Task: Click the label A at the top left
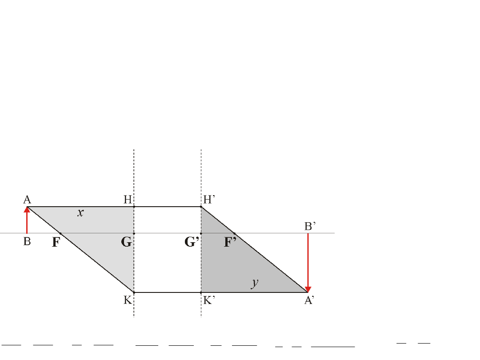point(27,200)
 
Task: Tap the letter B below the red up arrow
point(27,241)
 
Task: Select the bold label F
point(56,242)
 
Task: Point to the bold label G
point(126,242)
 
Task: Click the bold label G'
point(192,242)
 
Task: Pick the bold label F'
point(230,242)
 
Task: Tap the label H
point(128,200)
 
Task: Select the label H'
point(209,200)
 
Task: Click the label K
point(128,300)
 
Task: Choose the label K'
point(209,300)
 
